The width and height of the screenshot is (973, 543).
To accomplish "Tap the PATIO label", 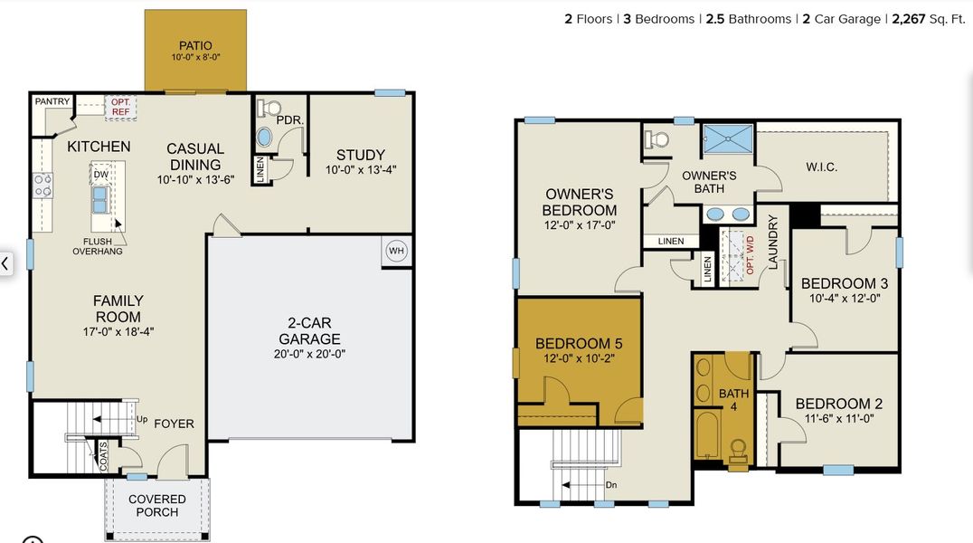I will point(195,44).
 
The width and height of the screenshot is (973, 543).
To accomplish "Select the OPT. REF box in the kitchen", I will point(120,107).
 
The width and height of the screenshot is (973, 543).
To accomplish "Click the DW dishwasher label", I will point(101,175).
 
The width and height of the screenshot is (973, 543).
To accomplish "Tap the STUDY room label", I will point(360,155).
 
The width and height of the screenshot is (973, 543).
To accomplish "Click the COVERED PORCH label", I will point(157,505).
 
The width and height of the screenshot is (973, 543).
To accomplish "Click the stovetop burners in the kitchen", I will point(43,186).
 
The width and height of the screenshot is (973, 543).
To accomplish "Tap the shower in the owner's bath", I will point(728,138).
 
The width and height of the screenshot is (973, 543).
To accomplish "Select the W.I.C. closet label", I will point(821,167).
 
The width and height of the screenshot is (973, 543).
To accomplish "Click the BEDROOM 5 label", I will point(579,344).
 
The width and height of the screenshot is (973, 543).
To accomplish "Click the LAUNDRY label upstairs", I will point(773,242).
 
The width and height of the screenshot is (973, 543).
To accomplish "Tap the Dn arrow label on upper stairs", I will point(611,485).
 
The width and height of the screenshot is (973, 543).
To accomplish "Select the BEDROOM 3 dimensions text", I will point(845,300).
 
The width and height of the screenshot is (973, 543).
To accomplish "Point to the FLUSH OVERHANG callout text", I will point(98,246).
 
